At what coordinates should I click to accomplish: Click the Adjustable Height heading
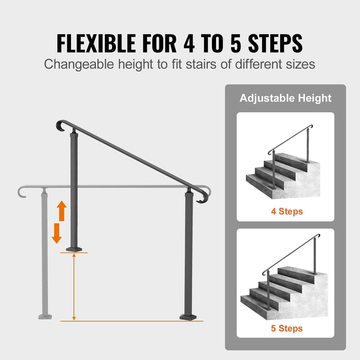pos(285,98)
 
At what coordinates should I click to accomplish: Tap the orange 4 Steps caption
pos(287,211)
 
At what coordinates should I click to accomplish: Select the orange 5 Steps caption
pos(287,328)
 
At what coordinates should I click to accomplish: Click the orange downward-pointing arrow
pos(57,233)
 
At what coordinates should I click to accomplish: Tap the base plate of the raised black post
pos(74,249)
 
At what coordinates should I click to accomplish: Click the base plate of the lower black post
pos(189,317)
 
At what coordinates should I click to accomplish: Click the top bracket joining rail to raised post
pos(74,130)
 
